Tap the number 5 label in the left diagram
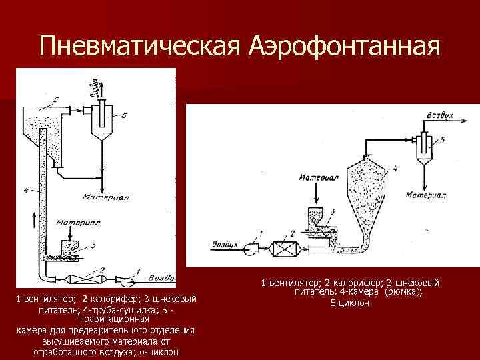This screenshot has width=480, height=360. point(56,99)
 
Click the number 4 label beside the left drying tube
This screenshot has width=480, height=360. point(25,191)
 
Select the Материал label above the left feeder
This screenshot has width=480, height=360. point(78,223)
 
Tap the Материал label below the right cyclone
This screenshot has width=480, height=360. point(427,195)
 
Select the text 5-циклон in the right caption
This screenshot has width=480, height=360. point(351,303)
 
